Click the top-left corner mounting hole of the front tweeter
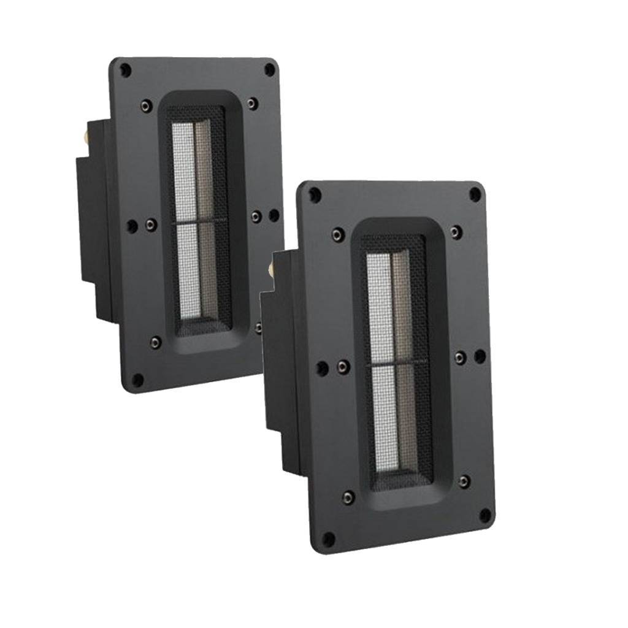point(315,195)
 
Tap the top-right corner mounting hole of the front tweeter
point(474,195)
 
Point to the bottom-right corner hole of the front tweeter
point(484,514)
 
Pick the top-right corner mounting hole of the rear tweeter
point(269,70)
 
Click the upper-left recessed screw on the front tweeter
point(335,234)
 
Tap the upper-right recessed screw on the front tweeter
point(454,231)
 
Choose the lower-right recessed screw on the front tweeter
point(464,481)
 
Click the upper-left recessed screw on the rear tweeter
point(145,105)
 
